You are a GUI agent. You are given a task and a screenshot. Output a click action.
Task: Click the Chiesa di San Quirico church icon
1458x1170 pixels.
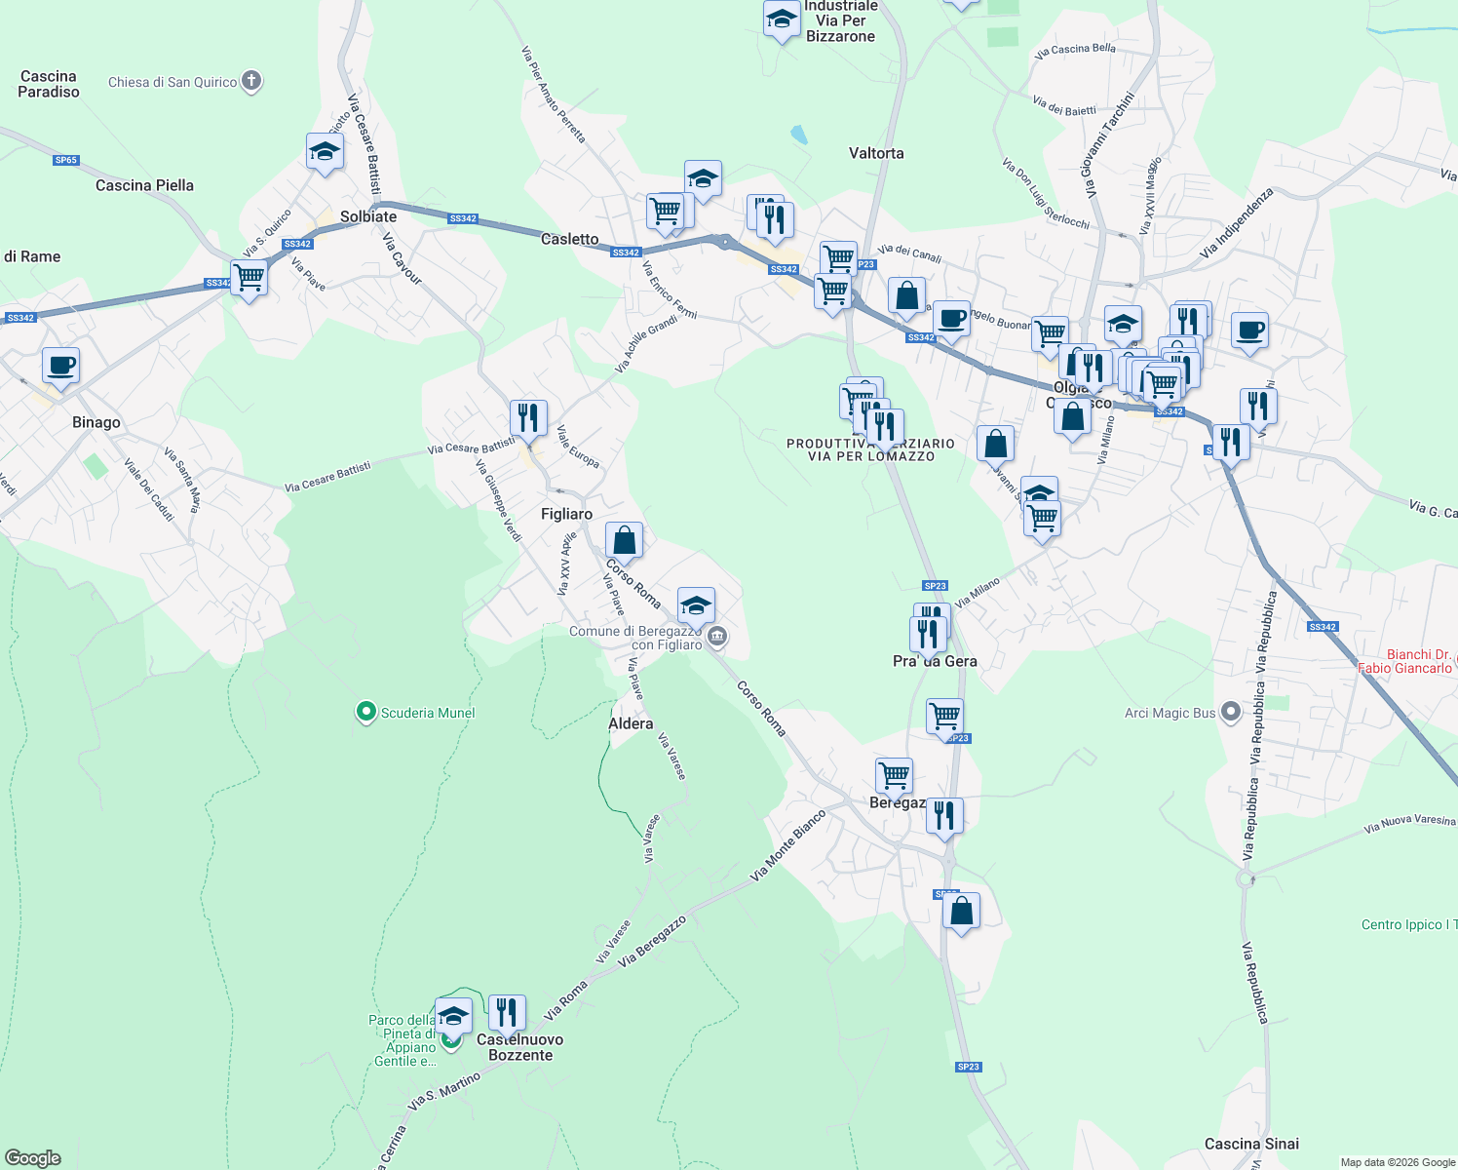[x=251, y=81]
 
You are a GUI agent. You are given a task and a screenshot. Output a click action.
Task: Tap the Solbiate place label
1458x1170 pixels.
[x=368, y=216]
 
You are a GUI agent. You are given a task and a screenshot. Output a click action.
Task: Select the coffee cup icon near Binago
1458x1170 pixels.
[x=60, y=367]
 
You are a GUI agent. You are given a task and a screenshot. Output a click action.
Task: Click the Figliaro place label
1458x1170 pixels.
[x=566, y=514]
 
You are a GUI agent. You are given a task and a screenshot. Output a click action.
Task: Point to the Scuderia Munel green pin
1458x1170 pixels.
[x=365, y=713]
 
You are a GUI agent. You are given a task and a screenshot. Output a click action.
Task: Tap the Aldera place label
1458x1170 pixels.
[x=631, y=723]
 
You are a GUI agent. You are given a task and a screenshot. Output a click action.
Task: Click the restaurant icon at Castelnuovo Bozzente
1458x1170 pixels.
[x=507, y=1013]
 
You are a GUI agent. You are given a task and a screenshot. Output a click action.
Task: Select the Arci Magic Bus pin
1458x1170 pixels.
[x=1231, y=713]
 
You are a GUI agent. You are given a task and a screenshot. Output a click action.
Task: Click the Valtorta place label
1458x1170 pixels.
[x=876, y=153]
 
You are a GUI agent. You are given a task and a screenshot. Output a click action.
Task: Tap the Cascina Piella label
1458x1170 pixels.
[x=144, y=185]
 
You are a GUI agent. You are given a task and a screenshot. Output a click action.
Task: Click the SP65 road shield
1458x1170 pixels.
[x=65, y=160]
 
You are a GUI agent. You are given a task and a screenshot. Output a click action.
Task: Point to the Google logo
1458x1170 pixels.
[x=33, y=1157]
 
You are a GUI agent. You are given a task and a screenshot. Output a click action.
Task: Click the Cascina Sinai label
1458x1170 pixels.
[x=1251, y=1144]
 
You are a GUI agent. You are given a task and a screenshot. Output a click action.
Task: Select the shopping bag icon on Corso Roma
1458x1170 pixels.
[x=624, y=540]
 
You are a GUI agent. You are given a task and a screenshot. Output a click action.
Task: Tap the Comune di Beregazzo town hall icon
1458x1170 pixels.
[x=717, y=638]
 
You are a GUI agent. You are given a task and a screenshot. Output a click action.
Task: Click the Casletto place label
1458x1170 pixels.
[x=570, y=239]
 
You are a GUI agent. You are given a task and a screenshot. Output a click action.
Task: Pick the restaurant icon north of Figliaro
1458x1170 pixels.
[x=528, y=418]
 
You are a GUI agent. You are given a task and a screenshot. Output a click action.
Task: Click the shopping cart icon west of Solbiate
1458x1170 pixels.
[x=249, y=277]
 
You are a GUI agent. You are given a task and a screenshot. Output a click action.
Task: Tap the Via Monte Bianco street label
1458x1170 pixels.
[x=788, y=845]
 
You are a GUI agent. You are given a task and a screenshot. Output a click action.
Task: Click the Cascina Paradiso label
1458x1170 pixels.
[x=49, y=84]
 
